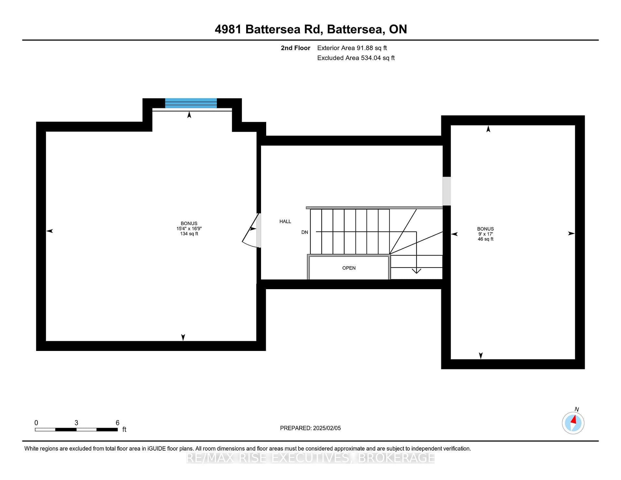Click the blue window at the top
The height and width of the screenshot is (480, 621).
point(191,103)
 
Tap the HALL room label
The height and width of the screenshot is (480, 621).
point(285,222)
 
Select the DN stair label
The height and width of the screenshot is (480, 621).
point(305,232)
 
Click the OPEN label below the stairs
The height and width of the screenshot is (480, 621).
point(349,268)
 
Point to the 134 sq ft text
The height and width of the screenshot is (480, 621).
point(189,234)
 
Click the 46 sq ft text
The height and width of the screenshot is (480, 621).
point(485,239)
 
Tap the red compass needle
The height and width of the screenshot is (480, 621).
point(574,420)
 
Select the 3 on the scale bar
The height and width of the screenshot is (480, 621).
point(76,423)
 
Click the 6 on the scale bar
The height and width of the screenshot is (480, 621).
point(118,423)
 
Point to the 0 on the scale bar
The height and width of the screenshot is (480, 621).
point(36,423)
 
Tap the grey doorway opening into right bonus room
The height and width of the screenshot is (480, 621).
point(446,191)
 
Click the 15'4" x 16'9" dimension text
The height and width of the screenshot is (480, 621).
point(189,229)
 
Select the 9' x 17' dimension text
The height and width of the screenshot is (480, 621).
point(485,234)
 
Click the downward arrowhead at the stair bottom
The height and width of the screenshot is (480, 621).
point(416,270)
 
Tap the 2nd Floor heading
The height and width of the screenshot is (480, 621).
point(295,48)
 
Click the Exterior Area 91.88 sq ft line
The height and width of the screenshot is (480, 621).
point(352,48)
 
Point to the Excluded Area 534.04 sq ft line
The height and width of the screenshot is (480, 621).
point(356,58)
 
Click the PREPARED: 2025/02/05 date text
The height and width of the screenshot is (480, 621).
point(310,428)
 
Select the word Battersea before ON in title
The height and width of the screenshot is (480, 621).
point(356,29)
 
